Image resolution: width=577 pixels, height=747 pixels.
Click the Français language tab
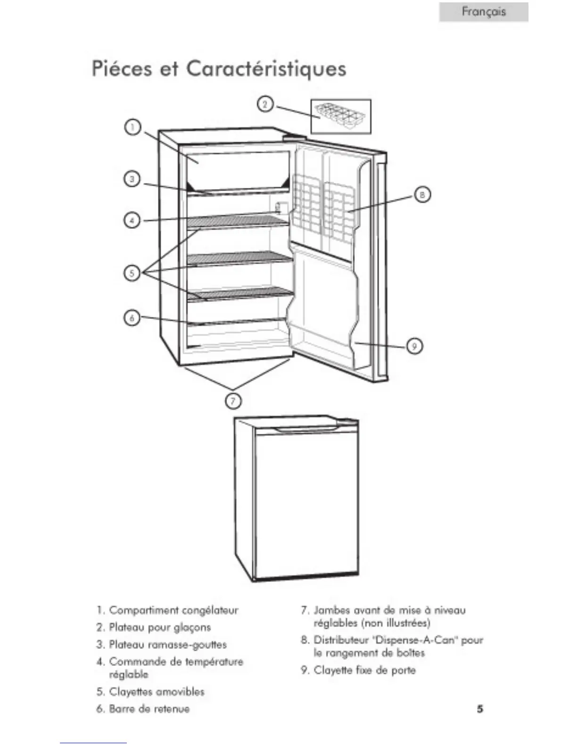(x=484, y=12)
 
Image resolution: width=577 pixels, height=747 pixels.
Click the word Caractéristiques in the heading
(x=266, y=69)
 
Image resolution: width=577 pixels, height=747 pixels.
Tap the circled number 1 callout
(x=132, y=127)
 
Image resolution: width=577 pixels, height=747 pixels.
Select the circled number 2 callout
(x=265, y=104)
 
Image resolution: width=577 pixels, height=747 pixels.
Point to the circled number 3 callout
(x=132, y=179)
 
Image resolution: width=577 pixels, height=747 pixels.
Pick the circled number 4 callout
(x=132, y=220)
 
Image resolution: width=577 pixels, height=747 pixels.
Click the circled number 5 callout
(x=132, y=273)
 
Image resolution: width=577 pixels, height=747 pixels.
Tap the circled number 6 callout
(x=132, y=318)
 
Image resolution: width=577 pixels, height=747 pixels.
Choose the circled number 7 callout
(x=233, y=401)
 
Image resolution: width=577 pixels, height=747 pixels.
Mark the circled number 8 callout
(x=422, y=194)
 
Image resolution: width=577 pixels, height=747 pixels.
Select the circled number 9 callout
(x=414, y=346)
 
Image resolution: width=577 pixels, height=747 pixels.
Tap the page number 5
(x=479, y=709)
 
